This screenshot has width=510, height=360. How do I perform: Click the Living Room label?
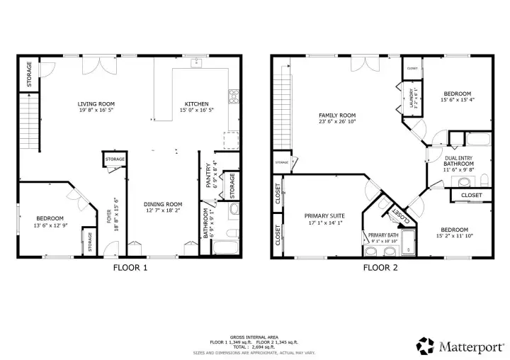96,104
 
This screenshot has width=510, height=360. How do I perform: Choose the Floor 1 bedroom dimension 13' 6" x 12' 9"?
50,225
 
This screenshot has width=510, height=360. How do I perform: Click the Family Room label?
337,115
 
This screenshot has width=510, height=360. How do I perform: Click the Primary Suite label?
324,215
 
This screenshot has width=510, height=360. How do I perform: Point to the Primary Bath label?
383,235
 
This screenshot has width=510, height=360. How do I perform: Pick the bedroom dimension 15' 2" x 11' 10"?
454,236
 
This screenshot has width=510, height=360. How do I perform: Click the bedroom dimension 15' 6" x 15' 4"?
457,100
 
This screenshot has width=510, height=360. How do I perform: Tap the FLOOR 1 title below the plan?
130,268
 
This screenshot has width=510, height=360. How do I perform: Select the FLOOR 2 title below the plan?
380,268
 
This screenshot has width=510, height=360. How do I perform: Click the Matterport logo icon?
425,346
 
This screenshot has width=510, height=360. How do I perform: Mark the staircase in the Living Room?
28,124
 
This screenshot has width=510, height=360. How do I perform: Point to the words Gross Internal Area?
254,337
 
